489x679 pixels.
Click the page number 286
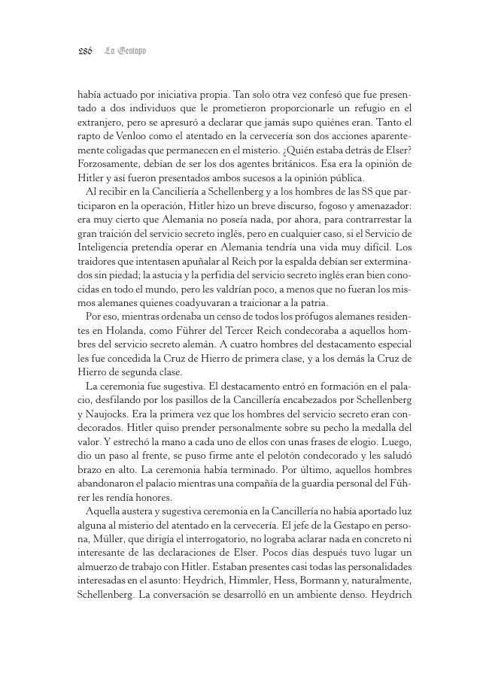point(84,51)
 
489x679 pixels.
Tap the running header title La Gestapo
point(125,51)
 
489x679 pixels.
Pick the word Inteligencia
point(104,247)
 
